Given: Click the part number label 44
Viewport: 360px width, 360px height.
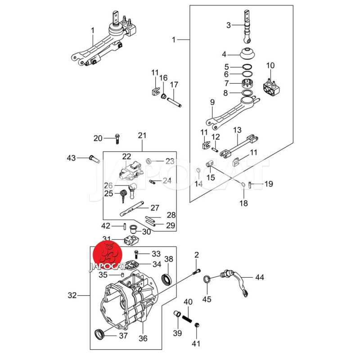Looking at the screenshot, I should click(x=260, y=277).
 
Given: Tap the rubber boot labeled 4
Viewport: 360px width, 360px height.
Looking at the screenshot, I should click(x=247, y=54).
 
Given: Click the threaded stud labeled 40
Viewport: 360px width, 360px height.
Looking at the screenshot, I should click(x=188, y=319).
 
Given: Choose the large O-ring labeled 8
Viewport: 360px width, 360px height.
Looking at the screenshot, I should click(x=247, y=93).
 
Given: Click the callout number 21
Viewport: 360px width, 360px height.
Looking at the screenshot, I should click(x=142, y=135).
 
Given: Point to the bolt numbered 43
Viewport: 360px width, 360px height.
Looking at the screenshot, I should click(x=93, y=158).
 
